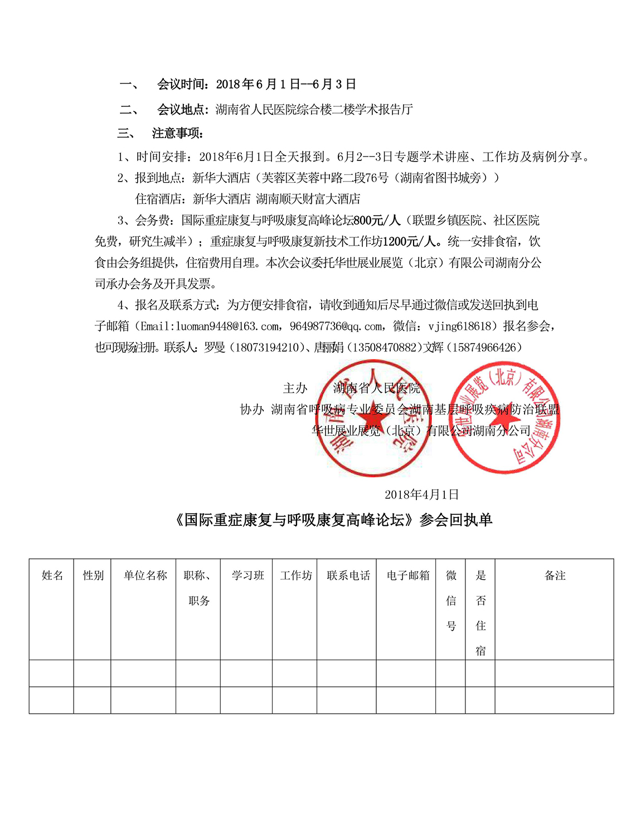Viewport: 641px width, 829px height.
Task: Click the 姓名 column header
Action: pos(52,576)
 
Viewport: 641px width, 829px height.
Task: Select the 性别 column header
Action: pos(93,576)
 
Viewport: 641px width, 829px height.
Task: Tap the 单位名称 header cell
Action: pos(145,576)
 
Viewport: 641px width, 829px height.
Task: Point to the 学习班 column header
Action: pos(247,576)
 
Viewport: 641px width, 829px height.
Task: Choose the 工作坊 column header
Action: pos(295,576)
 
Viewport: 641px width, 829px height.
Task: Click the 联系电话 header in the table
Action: pos(348,576)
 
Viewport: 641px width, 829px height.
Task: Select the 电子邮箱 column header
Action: pos(407,576)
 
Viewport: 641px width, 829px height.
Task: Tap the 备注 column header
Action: pos(555,576)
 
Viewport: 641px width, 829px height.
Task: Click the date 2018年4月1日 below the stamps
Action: pos(421,495)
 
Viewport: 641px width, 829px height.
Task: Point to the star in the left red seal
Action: pos(368,419)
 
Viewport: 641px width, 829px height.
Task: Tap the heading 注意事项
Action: pos(177,133)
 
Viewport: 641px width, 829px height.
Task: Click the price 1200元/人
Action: pos(410,242)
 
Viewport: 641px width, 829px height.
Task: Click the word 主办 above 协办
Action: pos(295,388)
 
